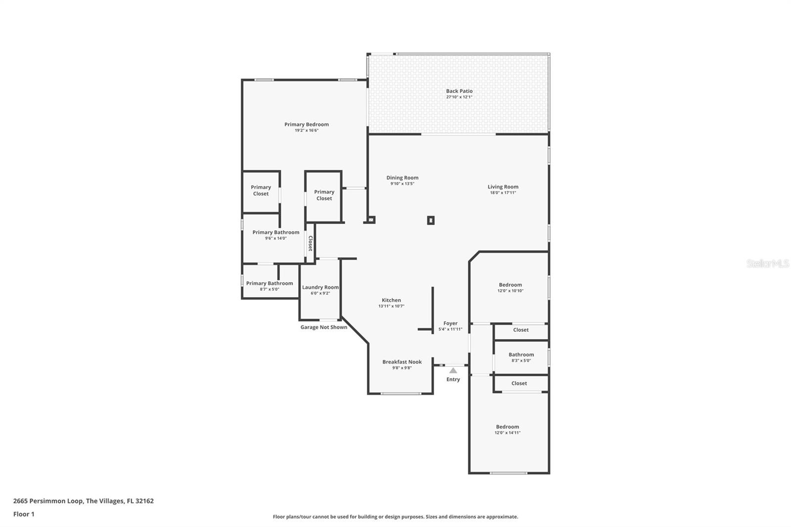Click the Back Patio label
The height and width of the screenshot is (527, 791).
point(459,91)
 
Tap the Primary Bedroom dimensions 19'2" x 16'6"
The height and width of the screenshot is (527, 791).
point(307,131)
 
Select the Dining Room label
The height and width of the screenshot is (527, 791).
point(402,177)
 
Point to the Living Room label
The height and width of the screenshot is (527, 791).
point(503,187)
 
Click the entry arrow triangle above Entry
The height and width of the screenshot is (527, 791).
point(453,370)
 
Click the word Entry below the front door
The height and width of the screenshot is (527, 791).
point(453,379)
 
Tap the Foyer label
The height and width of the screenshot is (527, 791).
point(450,323)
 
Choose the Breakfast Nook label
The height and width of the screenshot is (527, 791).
point(402,362)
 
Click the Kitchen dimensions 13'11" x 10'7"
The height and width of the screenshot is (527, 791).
point(391,306)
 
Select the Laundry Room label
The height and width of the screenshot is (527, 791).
point(320,287)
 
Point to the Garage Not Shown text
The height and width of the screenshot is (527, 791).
point(324,327)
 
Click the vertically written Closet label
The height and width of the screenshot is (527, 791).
point(310,243)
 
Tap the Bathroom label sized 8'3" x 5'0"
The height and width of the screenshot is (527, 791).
point(521,354)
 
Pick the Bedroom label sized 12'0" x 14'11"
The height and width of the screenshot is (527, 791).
point(507,427)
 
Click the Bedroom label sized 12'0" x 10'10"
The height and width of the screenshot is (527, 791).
point(510,285)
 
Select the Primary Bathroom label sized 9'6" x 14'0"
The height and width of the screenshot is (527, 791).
point(276,232)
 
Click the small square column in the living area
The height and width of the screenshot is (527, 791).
point(431,220)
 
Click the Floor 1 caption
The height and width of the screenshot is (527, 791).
point(24,514)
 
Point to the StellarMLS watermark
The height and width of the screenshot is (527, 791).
point(767,263)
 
